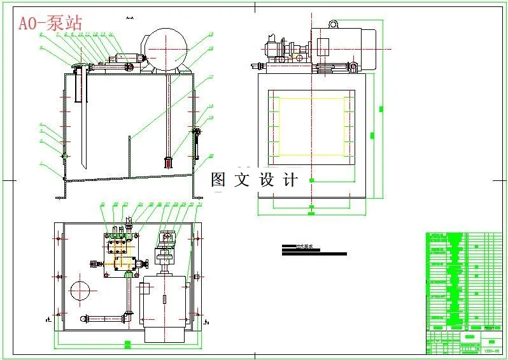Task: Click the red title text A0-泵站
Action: click(x=50, y=24)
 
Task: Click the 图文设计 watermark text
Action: click(x=254, y=180)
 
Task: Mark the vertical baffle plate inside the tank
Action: click(x=130, y=155)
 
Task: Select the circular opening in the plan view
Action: click(x=80, y=291)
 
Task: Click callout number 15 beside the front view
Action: click(x=210, y=35)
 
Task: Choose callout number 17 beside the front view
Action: click(x=211, y=76)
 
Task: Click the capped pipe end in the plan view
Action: click(x=83, y=318)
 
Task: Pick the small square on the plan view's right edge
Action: click(x=197, y=277)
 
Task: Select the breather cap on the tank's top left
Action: click(x=79, y=66)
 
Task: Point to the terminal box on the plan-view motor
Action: click(x=145, y=290)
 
